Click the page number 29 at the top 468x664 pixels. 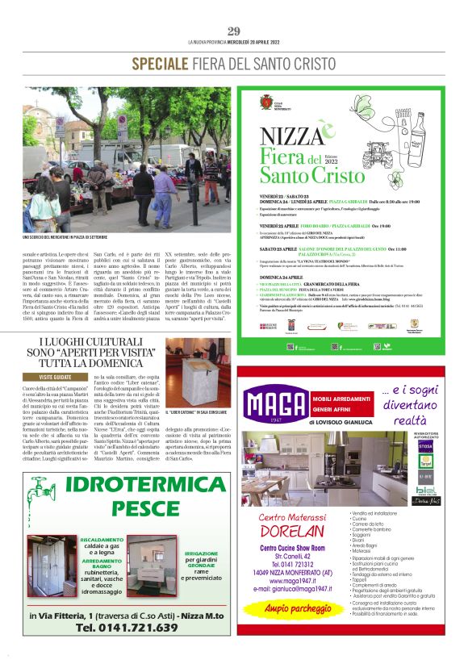click(x=234, y=31)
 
